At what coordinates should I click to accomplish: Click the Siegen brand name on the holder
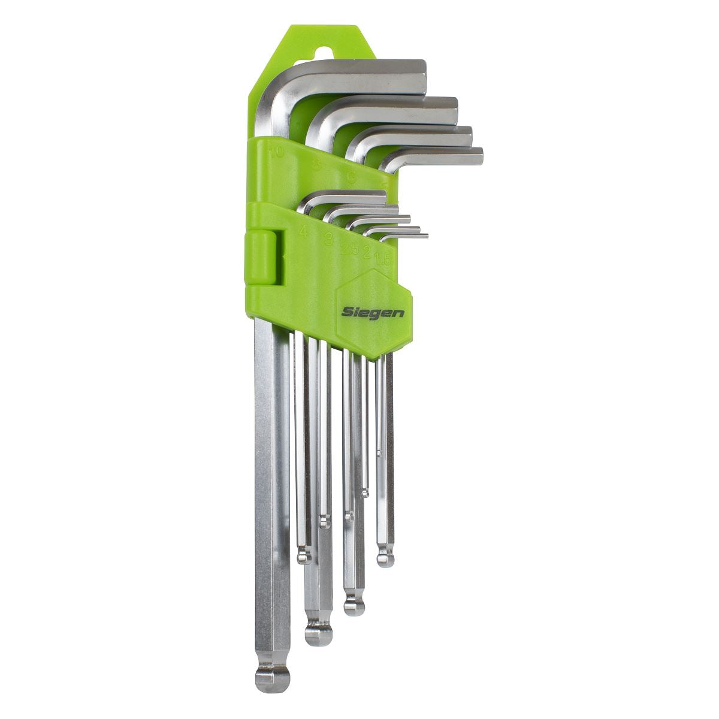(373, 312)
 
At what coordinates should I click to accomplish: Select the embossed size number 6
(352, 177)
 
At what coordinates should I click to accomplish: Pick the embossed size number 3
(328, 240)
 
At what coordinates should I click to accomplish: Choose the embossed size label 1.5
(382, 259)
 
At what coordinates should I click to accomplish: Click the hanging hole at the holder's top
(324, 53)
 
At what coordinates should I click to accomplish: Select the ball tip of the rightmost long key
(386, 559)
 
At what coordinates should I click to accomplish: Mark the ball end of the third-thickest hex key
(354, 605)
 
